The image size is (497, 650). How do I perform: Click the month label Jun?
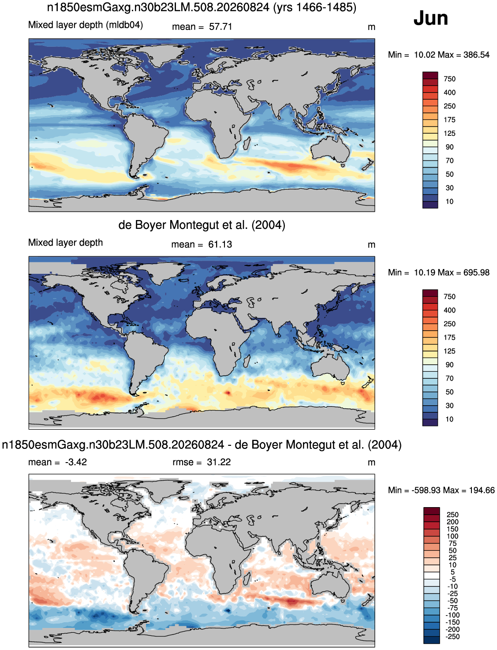[430, 19]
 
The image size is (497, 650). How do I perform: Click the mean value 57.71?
[220, 26]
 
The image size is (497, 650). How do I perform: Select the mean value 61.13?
[220, 244]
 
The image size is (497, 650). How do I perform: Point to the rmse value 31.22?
[219, 462]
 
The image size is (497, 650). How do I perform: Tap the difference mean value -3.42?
[76, 462]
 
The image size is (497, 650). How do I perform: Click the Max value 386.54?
[477, 55]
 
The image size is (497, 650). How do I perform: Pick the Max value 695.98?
[477, 273]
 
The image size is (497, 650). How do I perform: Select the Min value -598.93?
[424, 490]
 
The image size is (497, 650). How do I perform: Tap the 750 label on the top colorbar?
[449, 79]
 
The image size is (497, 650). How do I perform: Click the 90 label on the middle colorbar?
[449, 365]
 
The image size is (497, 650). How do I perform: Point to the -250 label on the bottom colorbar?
[452, 637]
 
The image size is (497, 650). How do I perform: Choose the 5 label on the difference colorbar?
[452, 572]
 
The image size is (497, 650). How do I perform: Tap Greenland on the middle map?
[162, 270]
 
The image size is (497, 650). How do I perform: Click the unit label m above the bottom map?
[371, 463]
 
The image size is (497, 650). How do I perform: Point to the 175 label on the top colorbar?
[449, 120]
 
